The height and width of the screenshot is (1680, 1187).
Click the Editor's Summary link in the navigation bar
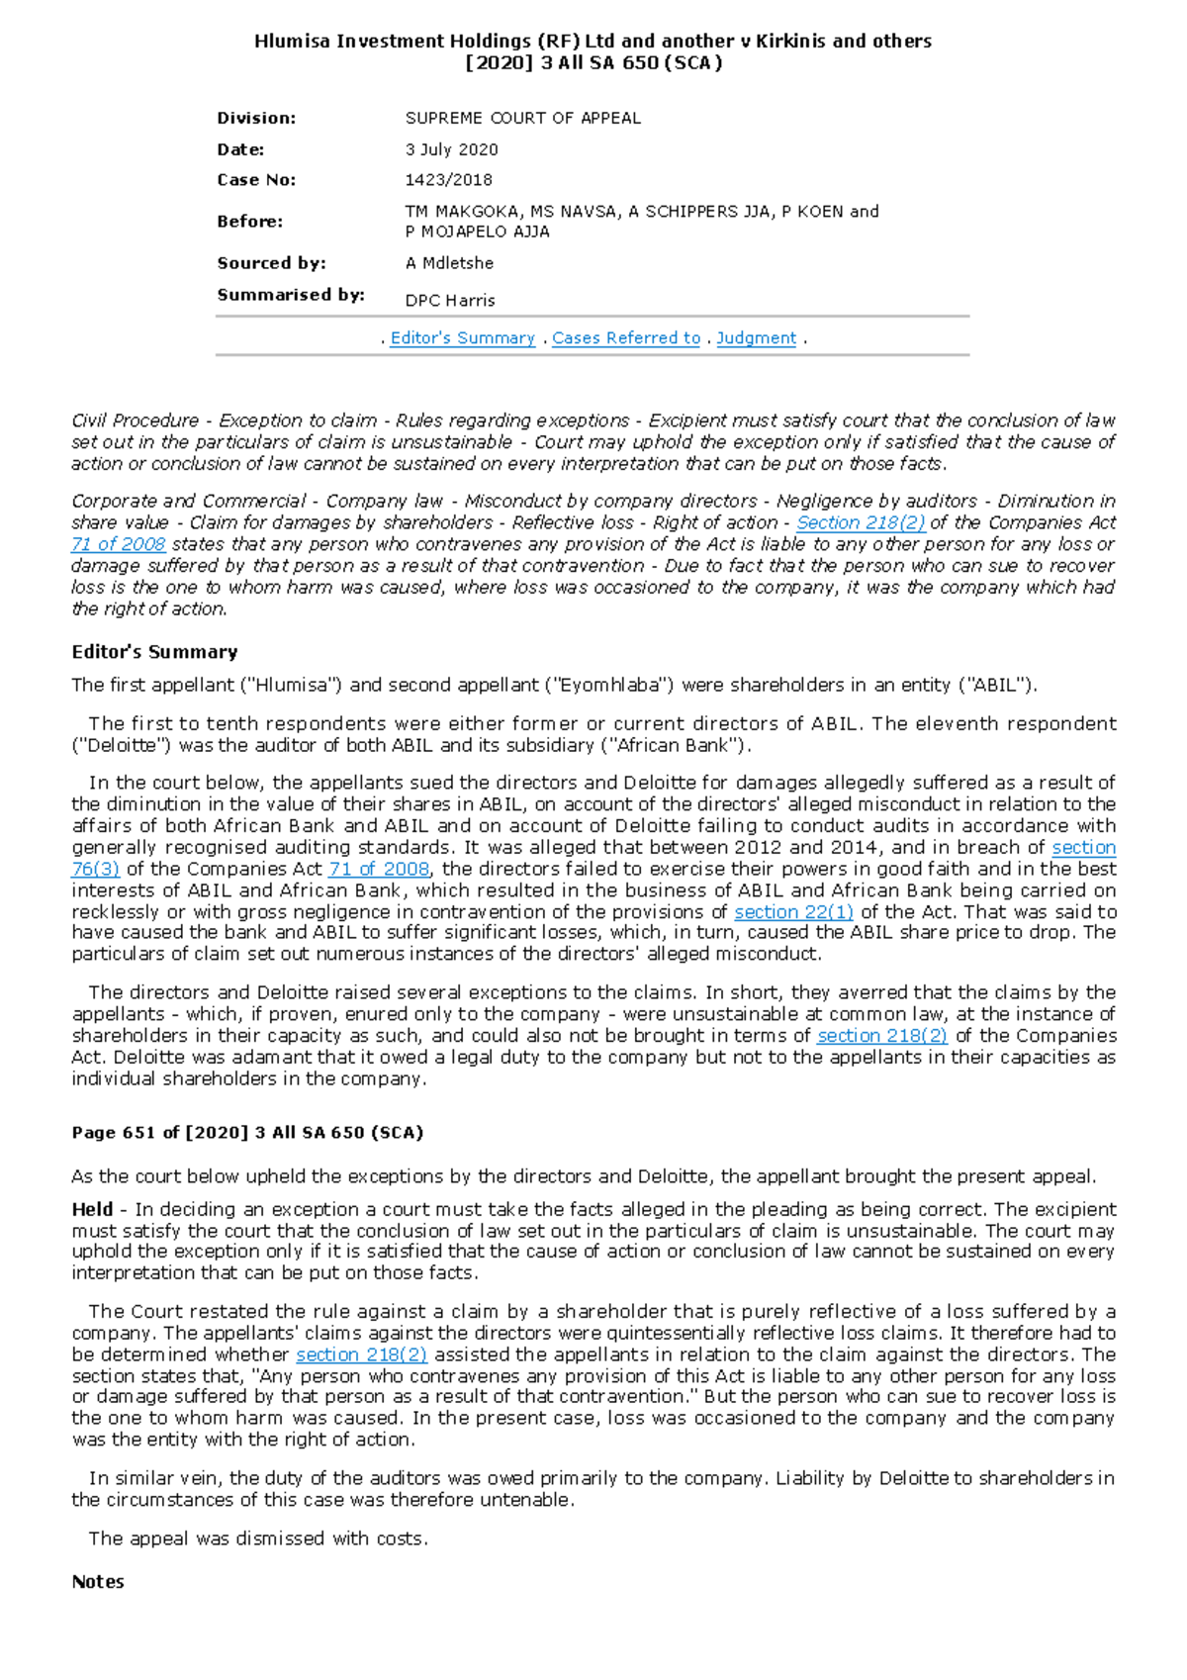tap(462, 338)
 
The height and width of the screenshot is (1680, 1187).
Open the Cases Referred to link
tap(625, 338)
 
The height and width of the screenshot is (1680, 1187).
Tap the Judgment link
tap(756, 338)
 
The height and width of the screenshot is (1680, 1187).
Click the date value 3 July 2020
tap(451, 149)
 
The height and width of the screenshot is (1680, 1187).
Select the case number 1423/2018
tap(448, 180)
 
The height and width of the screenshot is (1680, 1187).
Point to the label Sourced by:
tap(271, 263)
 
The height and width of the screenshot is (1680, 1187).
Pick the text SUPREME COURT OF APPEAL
tap(522, 119)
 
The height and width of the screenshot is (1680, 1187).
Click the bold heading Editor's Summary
tap(154, 652)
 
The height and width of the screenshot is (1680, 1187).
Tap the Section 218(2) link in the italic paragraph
tap(861, 522)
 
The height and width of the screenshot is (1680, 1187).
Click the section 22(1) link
tap(793, 911)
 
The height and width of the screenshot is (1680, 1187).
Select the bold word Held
tap(92, 1209)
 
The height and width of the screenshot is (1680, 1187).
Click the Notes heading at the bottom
tap(98, 1582)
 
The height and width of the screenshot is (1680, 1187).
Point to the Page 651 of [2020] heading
tap(246, 1133)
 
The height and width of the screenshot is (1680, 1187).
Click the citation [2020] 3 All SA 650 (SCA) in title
tap(593, 63)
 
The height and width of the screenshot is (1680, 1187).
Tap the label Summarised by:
tap(291, 295)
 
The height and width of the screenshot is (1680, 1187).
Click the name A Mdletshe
tap(449, 263)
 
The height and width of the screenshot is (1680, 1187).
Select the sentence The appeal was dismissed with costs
tap(258, 1539)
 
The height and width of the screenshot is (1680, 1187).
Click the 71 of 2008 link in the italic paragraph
tap(119, 544)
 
